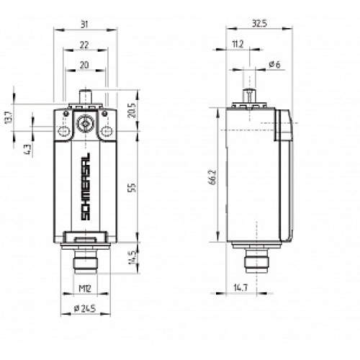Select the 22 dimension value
(x=85, y=45)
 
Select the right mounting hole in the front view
(x=107, y=130)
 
